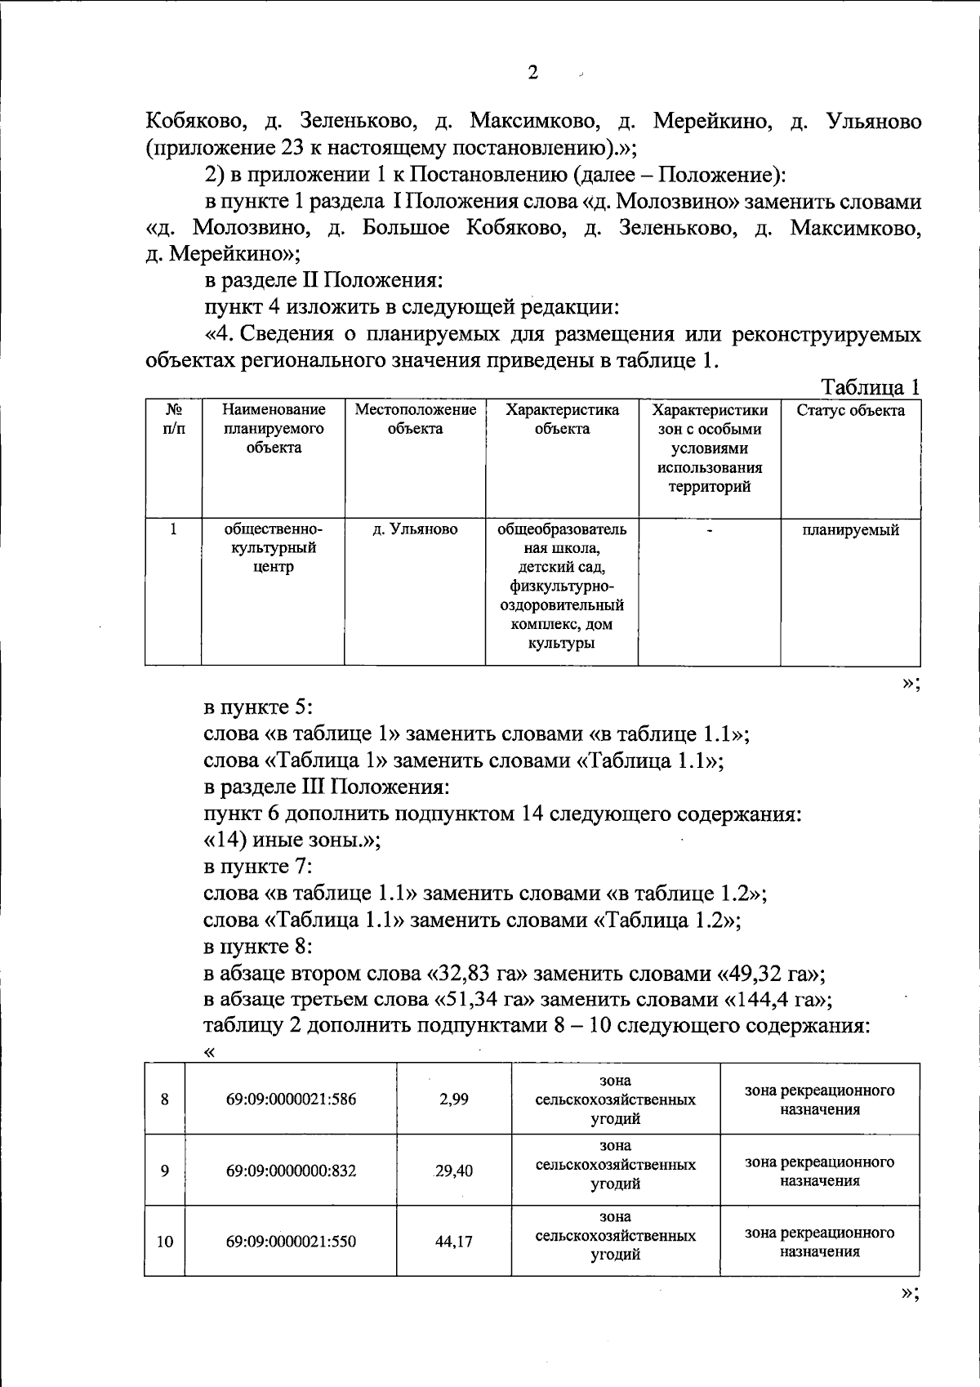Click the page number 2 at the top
532,74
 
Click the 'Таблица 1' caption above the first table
870,387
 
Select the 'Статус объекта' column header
850,411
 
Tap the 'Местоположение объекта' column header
415,419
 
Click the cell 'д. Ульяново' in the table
415,530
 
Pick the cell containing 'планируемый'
850,530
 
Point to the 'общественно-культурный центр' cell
273,548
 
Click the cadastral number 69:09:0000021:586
291,1099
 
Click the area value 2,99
454,1099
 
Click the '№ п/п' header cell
173,419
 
